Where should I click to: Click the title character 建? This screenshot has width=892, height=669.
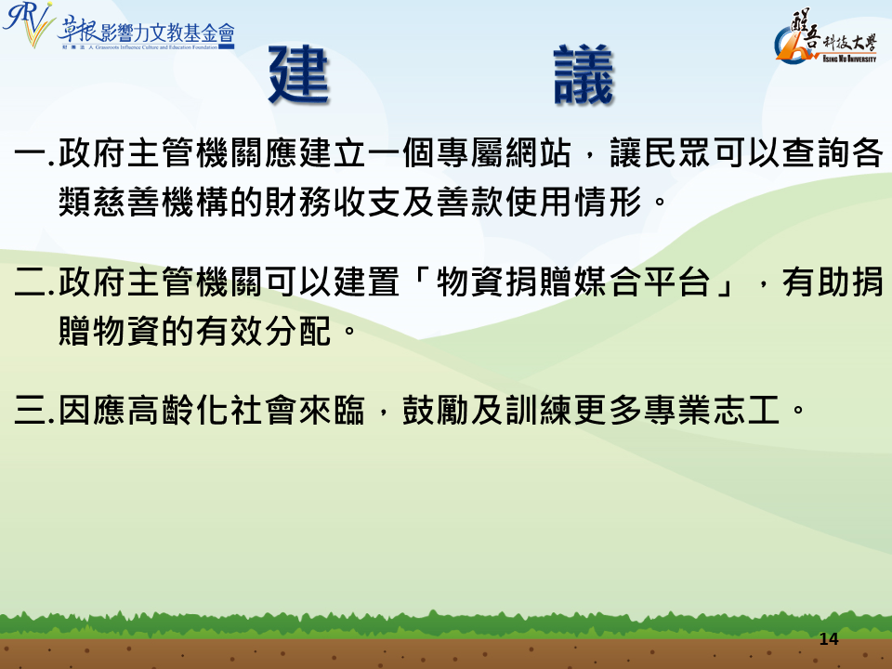[x=299, y=74]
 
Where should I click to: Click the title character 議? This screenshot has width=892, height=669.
[x=584, y=74]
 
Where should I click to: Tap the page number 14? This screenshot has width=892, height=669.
[x=829, y=639]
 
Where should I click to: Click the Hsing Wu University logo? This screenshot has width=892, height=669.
[x=826, y=36]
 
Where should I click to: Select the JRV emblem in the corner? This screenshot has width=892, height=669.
[x=29, y=24]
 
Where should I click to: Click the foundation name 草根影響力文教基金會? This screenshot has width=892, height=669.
[x=146, y=33]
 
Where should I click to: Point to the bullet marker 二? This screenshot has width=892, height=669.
[x=31, y=282]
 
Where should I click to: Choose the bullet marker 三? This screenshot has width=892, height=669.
[x=31, y=410]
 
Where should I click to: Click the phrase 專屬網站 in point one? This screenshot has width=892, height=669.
[x=504, y=153]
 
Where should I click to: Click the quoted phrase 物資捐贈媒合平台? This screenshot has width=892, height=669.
[x=573, y=282]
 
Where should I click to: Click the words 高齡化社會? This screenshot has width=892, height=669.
[x=195, y=410]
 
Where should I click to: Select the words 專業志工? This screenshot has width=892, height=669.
[x=711, y=410]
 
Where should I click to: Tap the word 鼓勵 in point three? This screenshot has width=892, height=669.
[x=435, y=410]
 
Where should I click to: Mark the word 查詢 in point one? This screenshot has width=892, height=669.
[x=816, y=153]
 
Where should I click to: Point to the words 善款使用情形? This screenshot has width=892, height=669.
[x=539, y=202]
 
